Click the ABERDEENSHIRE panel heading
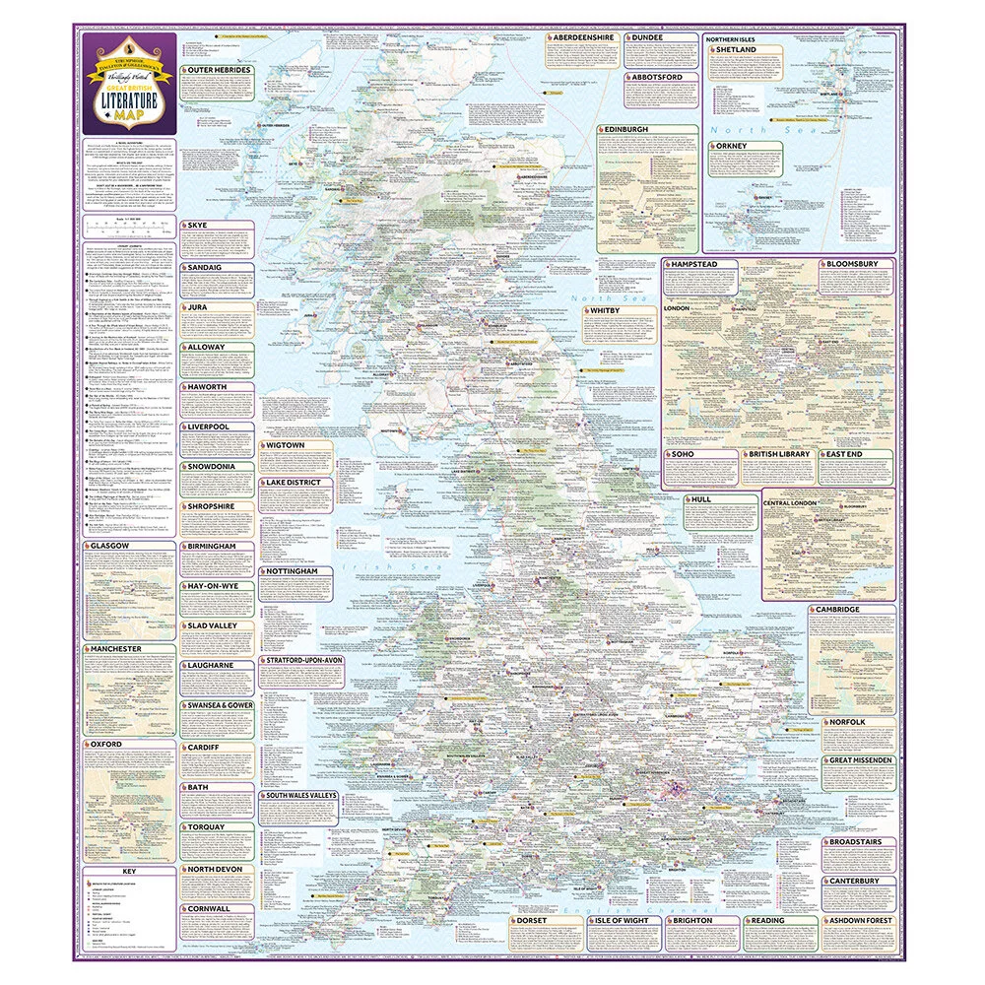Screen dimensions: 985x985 click(x=583, y=37)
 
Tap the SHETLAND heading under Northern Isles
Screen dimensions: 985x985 click(x=736, y=49)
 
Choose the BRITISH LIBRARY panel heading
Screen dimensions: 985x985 click(x=779, y=454)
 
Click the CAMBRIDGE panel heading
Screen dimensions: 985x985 click(x=838, y=610)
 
